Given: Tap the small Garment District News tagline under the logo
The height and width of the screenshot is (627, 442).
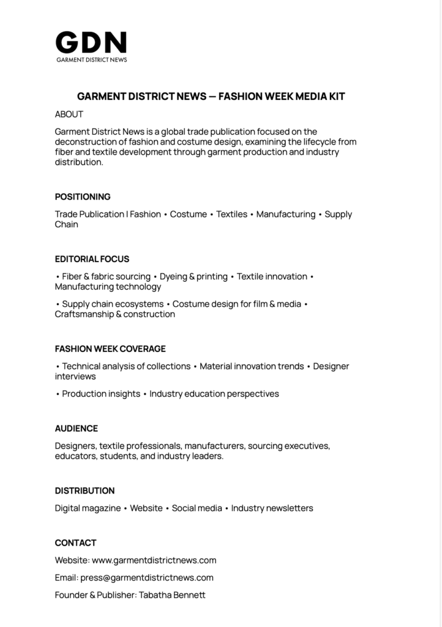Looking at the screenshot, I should (91, 60).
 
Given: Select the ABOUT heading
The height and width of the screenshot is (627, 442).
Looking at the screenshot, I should (69, 115).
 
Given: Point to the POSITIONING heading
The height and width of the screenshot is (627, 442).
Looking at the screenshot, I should (83, 197).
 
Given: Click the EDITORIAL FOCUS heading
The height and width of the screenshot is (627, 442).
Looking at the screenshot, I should (92, 259).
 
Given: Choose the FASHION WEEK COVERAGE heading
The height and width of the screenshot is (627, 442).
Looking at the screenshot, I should (110, 349).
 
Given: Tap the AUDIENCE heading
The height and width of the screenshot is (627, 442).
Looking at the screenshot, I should (77, 429).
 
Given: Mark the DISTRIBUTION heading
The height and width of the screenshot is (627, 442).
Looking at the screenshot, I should (84, 491).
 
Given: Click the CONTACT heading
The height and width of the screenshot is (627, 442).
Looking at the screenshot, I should (75, 543).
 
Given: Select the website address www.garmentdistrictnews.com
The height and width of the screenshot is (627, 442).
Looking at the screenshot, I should (154, 560).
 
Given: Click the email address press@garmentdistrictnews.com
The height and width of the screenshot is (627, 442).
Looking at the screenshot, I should (147, 577).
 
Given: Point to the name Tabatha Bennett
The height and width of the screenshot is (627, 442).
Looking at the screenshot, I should (172, 595).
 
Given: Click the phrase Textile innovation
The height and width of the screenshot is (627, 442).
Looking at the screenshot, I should (272, 277).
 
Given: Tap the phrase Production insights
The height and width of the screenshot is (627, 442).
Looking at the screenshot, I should (101, 394).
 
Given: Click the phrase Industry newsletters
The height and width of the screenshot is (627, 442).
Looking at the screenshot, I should (272, 508).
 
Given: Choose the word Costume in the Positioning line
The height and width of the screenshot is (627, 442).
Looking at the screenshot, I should (189, 214).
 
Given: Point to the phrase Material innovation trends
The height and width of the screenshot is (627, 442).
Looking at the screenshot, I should (252, 366).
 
